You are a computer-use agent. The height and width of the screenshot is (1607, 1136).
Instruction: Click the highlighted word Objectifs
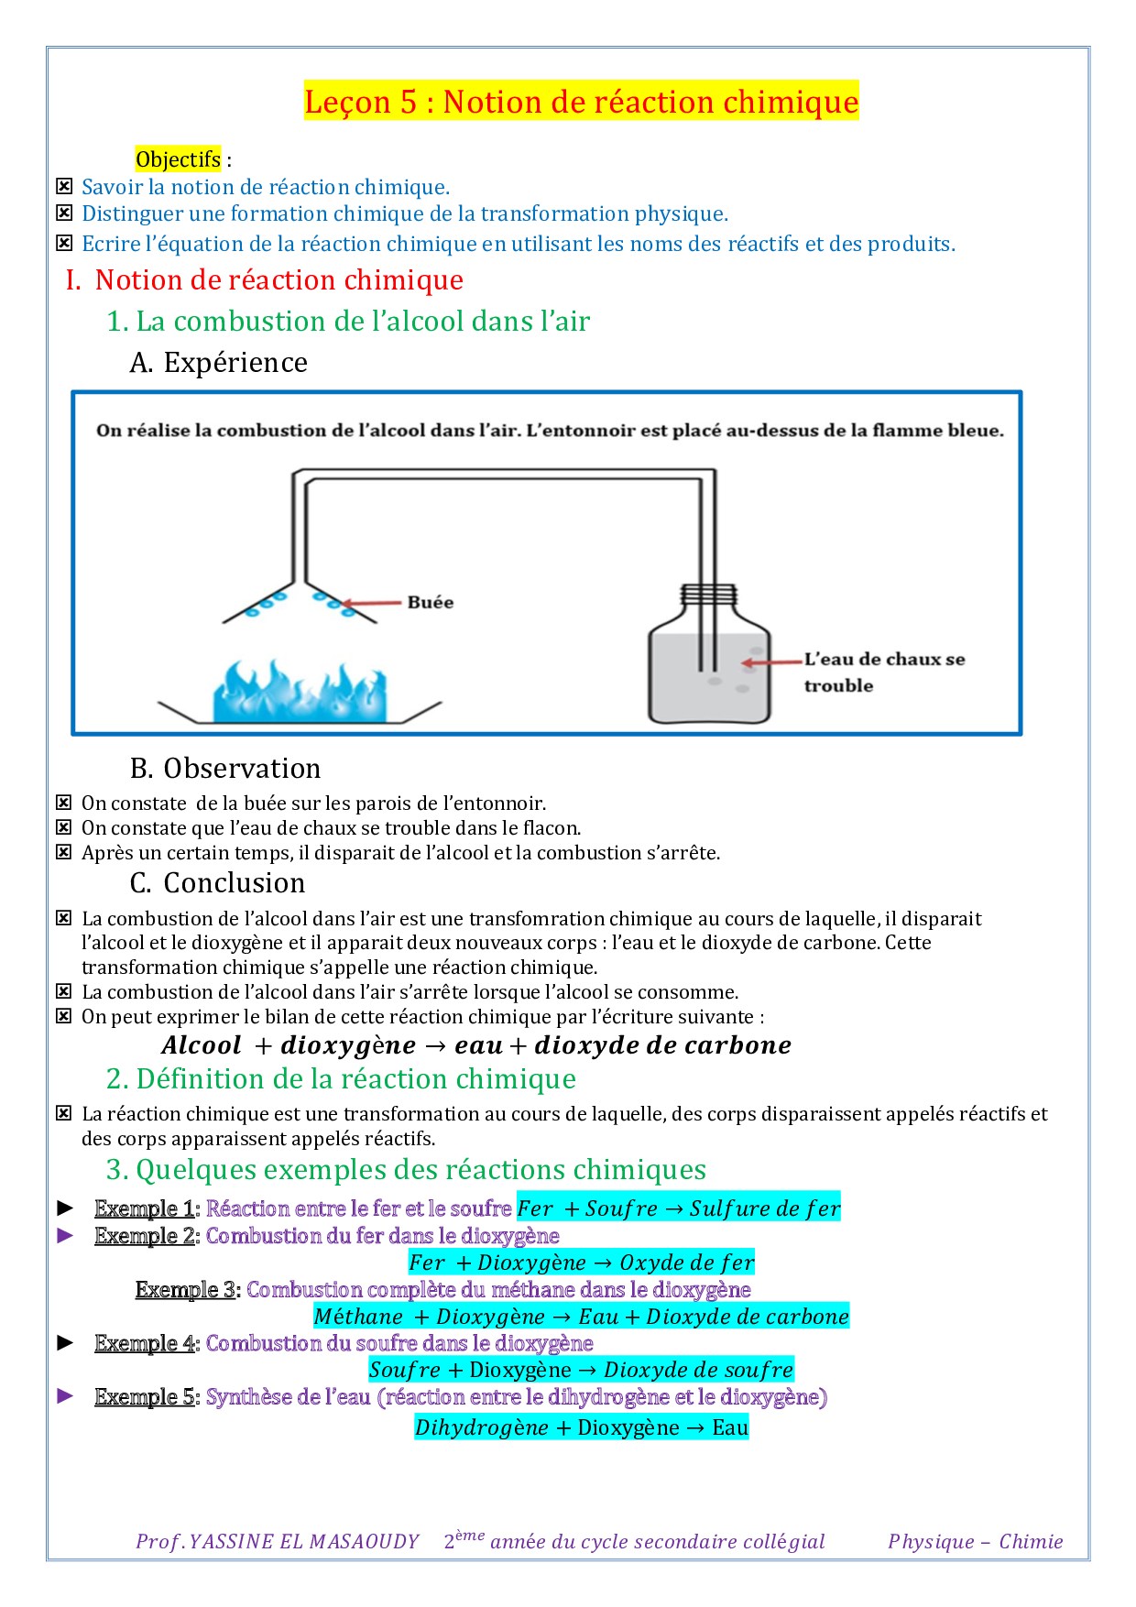[178, 159]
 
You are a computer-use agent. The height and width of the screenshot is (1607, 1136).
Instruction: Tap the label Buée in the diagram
[430, 602]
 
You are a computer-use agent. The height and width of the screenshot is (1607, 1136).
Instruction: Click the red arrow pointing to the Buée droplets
[372, 603]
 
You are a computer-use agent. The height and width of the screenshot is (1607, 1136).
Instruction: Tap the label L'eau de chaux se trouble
[883, 672]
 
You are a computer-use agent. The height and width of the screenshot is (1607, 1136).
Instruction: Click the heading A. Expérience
[218, 363]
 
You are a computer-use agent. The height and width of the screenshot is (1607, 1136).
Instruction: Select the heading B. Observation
[225, 768]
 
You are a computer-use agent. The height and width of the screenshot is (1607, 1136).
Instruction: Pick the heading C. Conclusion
[217, 882]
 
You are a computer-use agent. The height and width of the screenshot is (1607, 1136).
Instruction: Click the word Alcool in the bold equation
[202, 1045]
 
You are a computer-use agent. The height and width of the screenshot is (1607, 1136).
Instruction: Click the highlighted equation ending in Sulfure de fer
[678, 1208]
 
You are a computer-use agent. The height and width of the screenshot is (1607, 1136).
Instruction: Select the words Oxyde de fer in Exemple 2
[687, 1263]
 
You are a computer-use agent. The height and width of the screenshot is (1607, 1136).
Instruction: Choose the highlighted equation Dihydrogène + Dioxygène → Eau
[581, 1427]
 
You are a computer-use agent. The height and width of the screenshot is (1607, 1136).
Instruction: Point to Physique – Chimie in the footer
[975, 1542]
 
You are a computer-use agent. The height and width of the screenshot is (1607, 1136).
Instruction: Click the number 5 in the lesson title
[409, 101]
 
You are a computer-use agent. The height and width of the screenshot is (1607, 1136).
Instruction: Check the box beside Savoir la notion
[64, 187]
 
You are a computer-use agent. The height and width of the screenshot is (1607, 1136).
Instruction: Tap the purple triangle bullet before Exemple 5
[65, 1396]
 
